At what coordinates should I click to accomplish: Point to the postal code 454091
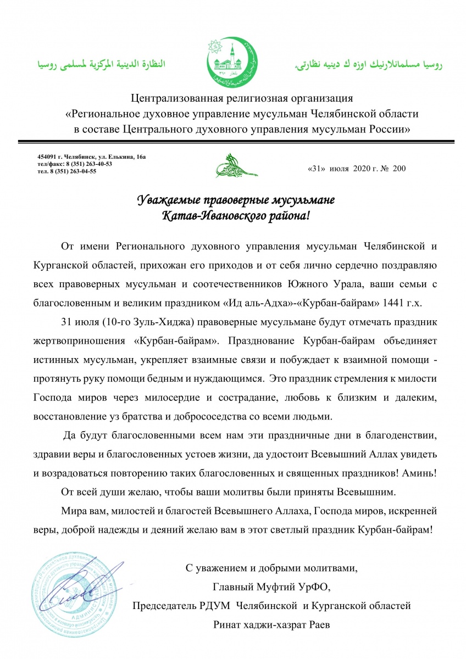click(48, 157)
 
